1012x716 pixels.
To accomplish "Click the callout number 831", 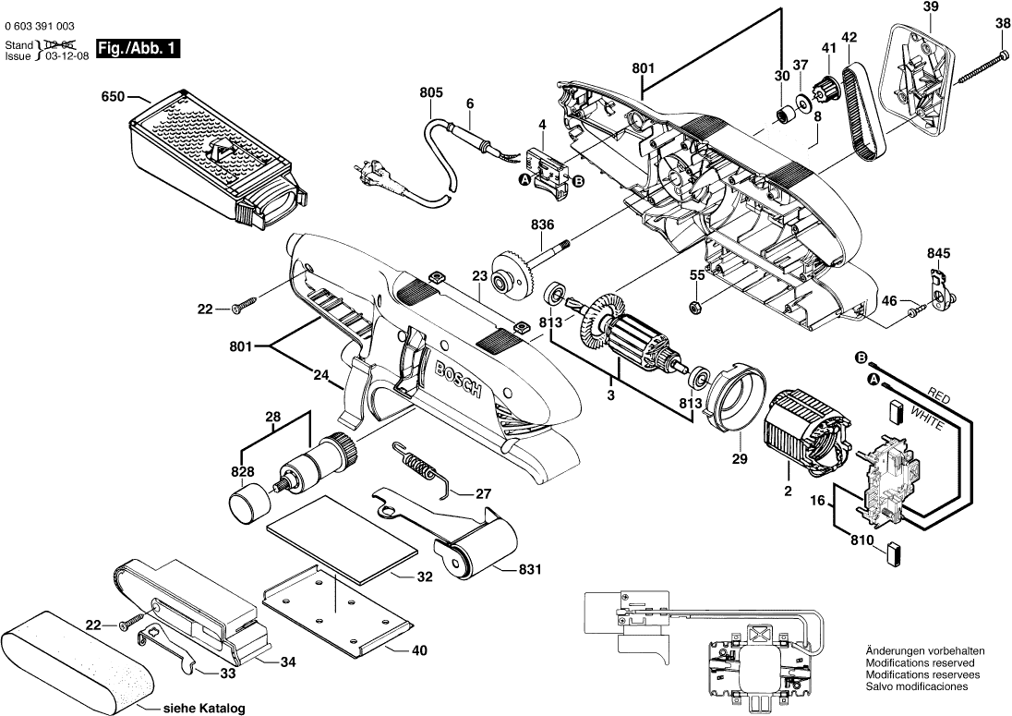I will (529, 570).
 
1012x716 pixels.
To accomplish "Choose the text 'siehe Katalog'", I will (203, 710).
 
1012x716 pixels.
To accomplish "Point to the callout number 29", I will (738, 457).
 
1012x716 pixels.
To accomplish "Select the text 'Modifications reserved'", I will (920, 662).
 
